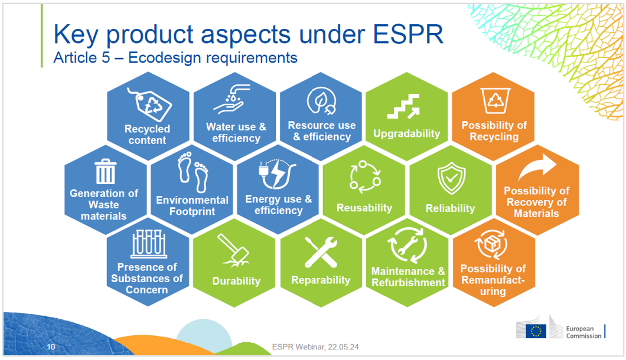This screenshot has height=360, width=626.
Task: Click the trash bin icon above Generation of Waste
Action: (x=106, y=171)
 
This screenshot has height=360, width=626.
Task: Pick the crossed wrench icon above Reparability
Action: (x=321, y=252)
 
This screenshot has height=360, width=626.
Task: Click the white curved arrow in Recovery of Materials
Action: (x=537, y=168)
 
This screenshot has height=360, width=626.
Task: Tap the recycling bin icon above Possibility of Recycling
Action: (x=494, y=100)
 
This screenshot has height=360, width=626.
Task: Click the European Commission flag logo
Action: (x=536, y=330)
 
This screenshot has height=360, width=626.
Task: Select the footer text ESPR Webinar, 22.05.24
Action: (x=315, y=347)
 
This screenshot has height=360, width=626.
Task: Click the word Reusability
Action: (x=364, y=208)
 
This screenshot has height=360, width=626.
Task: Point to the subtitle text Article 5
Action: (x=82, y=58)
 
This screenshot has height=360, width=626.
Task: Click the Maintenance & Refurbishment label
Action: (x=408, y=277)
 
